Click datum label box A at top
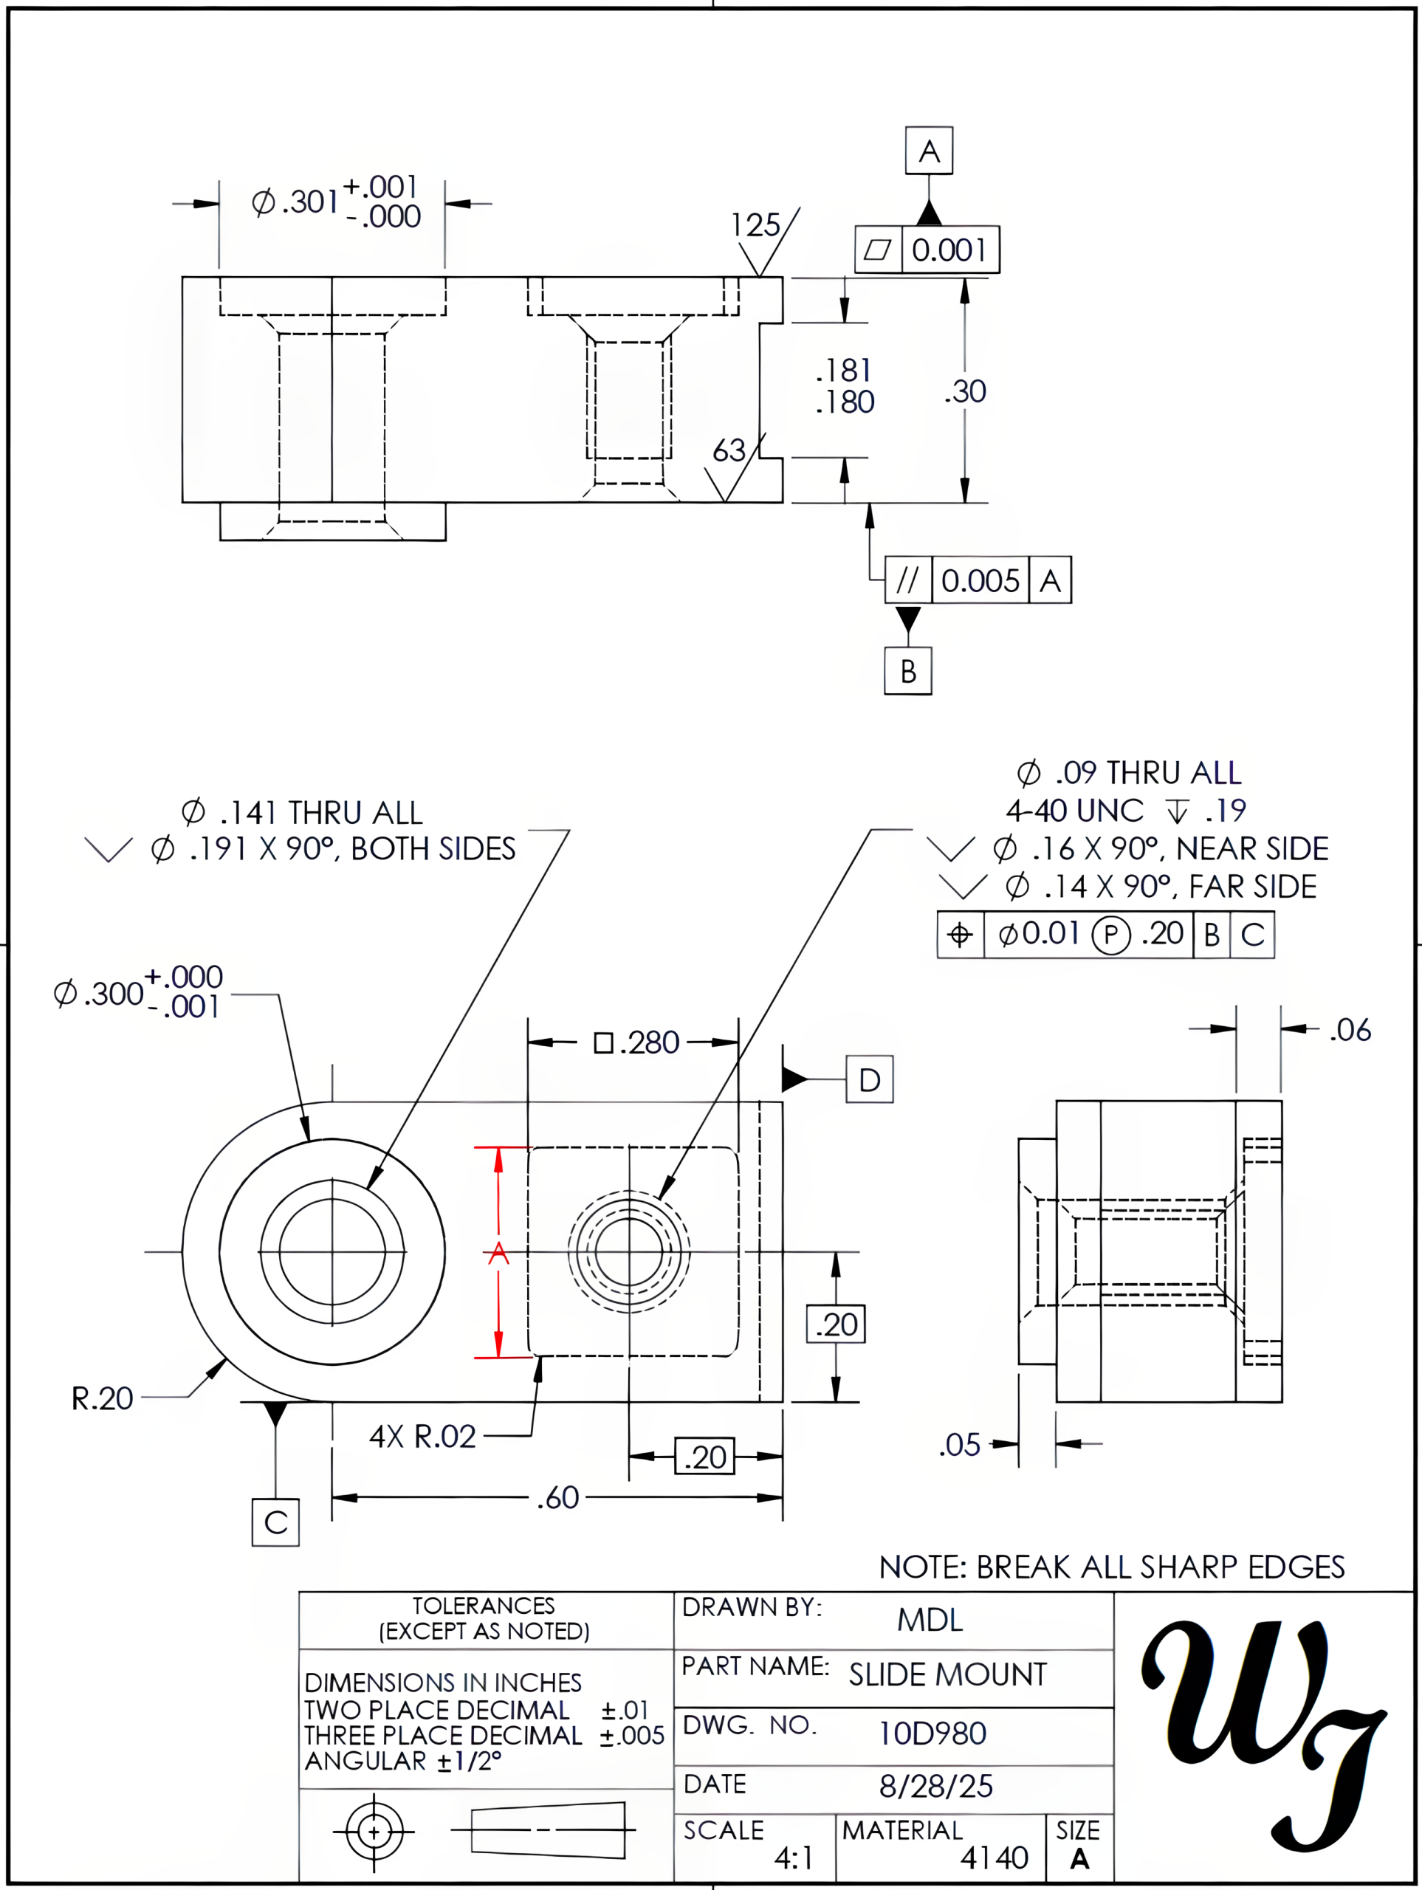929,151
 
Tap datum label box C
275,1522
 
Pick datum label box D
869,1079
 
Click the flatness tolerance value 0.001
949,250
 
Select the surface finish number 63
729,450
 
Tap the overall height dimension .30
966,391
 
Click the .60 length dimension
558,1498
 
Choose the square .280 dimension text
637,1042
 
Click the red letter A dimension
498,1254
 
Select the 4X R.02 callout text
422,1436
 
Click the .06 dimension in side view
1350,1030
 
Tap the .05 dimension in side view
960,1445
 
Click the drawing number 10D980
932,1733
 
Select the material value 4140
994,1857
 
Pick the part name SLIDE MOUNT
947,1674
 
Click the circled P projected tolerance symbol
1111,935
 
